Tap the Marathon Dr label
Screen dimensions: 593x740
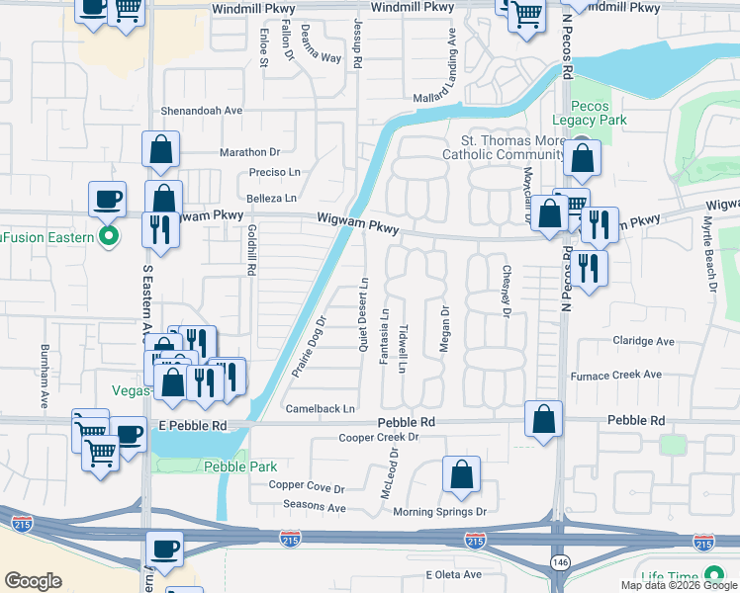(x=250, y=152)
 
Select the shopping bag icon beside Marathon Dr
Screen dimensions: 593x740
(x=160, y=151)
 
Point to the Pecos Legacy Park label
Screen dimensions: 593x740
(x=599, y=113)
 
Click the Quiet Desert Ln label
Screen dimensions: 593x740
(x=364, y=313)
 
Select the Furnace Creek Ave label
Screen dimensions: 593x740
(x=616, y=376)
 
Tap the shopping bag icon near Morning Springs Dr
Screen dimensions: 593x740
(x=462, y=475)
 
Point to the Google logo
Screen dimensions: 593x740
(x=34, y=581)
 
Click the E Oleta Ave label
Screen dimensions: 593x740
(x=453, y=574)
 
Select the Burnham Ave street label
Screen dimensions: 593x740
(x=45, y=377)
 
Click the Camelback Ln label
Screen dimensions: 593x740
(x=320, y=408)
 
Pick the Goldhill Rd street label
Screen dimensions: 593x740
(x=251, y=248)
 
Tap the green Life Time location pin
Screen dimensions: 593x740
(x=711, y=577)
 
